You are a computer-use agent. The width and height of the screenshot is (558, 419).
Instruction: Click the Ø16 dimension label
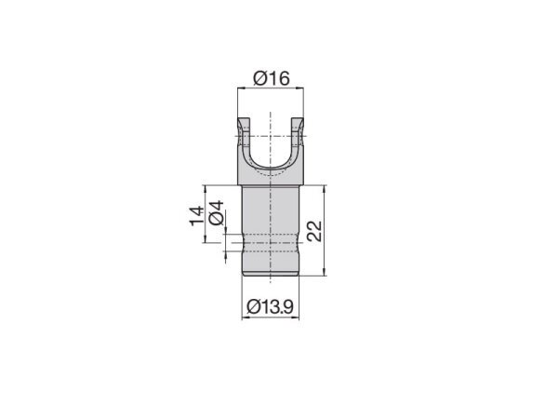coord(270,79)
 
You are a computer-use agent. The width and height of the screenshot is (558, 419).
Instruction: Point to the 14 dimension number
coord(195,216)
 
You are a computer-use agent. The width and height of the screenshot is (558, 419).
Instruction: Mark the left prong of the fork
coord(244,135)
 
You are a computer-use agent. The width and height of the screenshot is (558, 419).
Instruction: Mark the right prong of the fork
coord(298,135)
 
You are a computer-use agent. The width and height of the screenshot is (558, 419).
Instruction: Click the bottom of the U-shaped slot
coord(271,173)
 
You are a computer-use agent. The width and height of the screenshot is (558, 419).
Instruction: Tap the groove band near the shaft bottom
coord(271,249)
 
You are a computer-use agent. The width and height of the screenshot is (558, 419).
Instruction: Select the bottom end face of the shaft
coord(271,276)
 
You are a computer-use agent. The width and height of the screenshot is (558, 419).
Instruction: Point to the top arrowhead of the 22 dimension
coord(325,187)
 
